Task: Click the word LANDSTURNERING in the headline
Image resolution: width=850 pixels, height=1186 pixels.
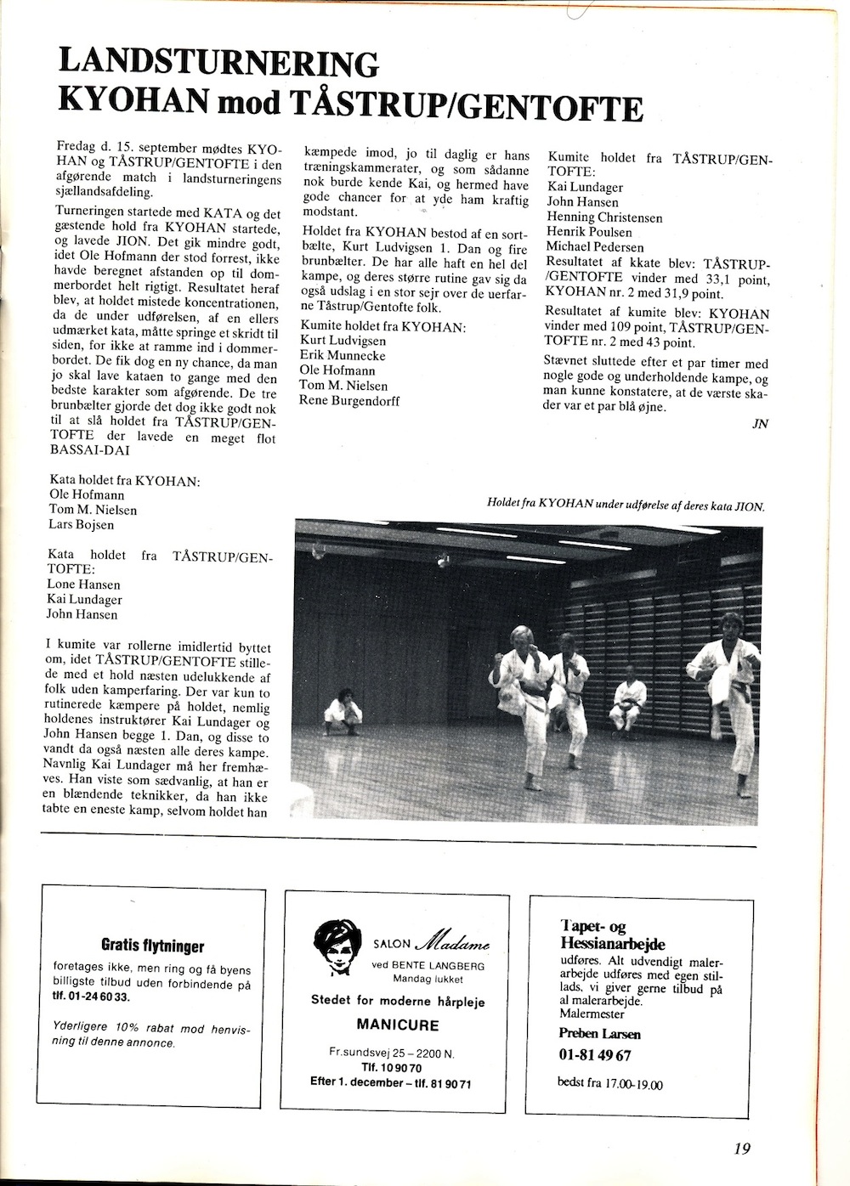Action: point(217,65)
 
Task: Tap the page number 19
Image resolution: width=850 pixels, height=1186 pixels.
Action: point(741,1149)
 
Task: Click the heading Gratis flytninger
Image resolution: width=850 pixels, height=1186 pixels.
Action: point(153,946)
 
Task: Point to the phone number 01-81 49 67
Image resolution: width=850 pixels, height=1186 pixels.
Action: point(595,1056)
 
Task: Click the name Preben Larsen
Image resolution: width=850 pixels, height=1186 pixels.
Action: point(599,1034)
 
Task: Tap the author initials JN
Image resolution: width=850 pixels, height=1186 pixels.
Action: point(760,424)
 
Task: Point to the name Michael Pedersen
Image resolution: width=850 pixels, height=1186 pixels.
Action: point(595,247)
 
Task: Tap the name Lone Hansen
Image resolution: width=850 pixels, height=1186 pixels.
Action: point(84,585)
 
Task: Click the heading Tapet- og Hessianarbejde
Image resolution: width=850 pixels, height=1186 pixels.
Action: point(612,934)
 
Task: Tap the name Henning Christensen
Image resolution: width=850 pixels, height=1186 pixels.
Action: point(604,217)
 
